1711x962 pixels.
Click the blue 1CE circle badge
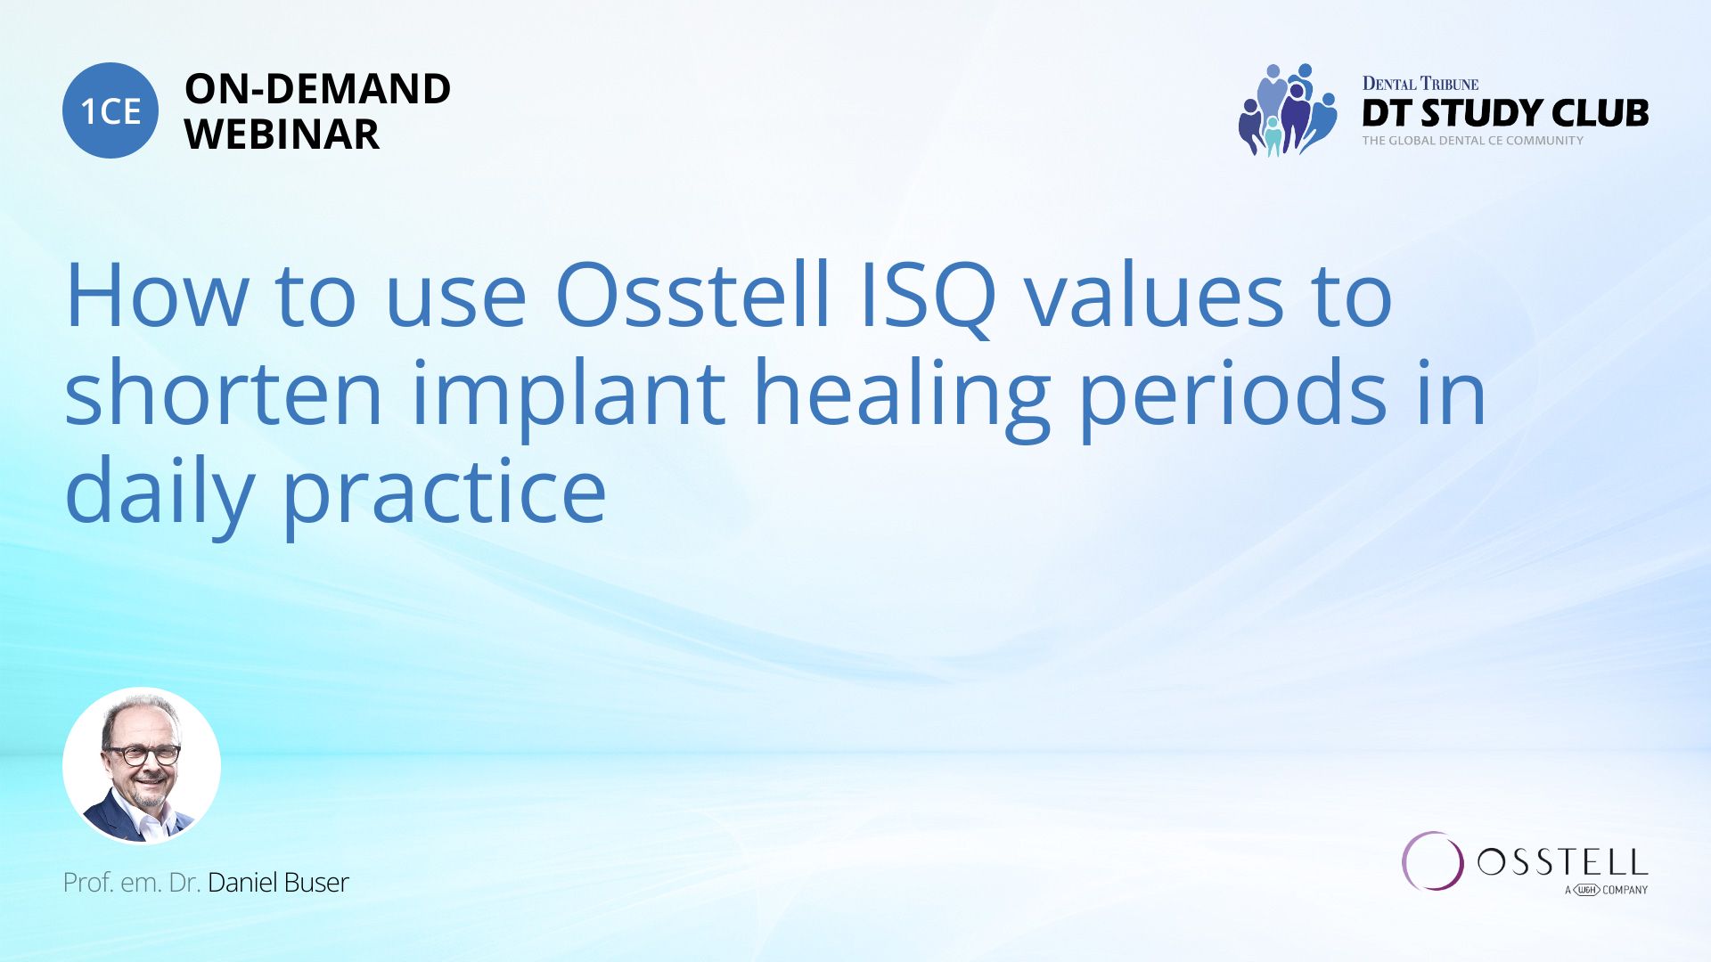(x=111, y=110)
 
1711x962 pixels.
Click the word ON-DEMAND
(x=317, y=89)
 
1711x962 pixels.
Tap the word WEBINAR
(x=282, y=135)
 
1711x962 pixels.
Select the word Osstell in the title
(x=693, y=295)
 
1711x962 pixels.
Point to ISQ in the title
(x=928, y=298)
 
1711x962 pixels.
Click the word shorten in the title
(x=224, y=393)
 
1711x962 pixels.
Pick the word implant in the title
(x=569, y=400)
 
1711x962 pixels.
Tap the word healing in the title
(x=902, y=400)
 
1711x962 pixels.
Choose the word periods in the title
(x=1233, y=400)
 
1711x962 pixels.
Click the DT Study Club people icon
(x=1287, y=110)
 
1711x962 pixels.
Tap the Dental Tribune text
(x=1420, y=84)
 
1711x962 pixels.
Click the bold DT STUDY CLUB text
(x=1505, y=113)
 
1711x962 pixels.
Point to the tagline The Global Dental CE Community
(x=1472, y=141)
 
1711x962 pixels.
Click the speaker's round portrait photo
(x=142, y=766)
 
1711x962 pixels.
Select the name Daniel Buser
(x=278, y=883)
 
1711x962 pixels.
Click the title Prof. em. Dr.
(x=131, y=883)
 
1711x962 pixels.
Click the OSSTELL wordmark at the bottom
(x=1562, y=862)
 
